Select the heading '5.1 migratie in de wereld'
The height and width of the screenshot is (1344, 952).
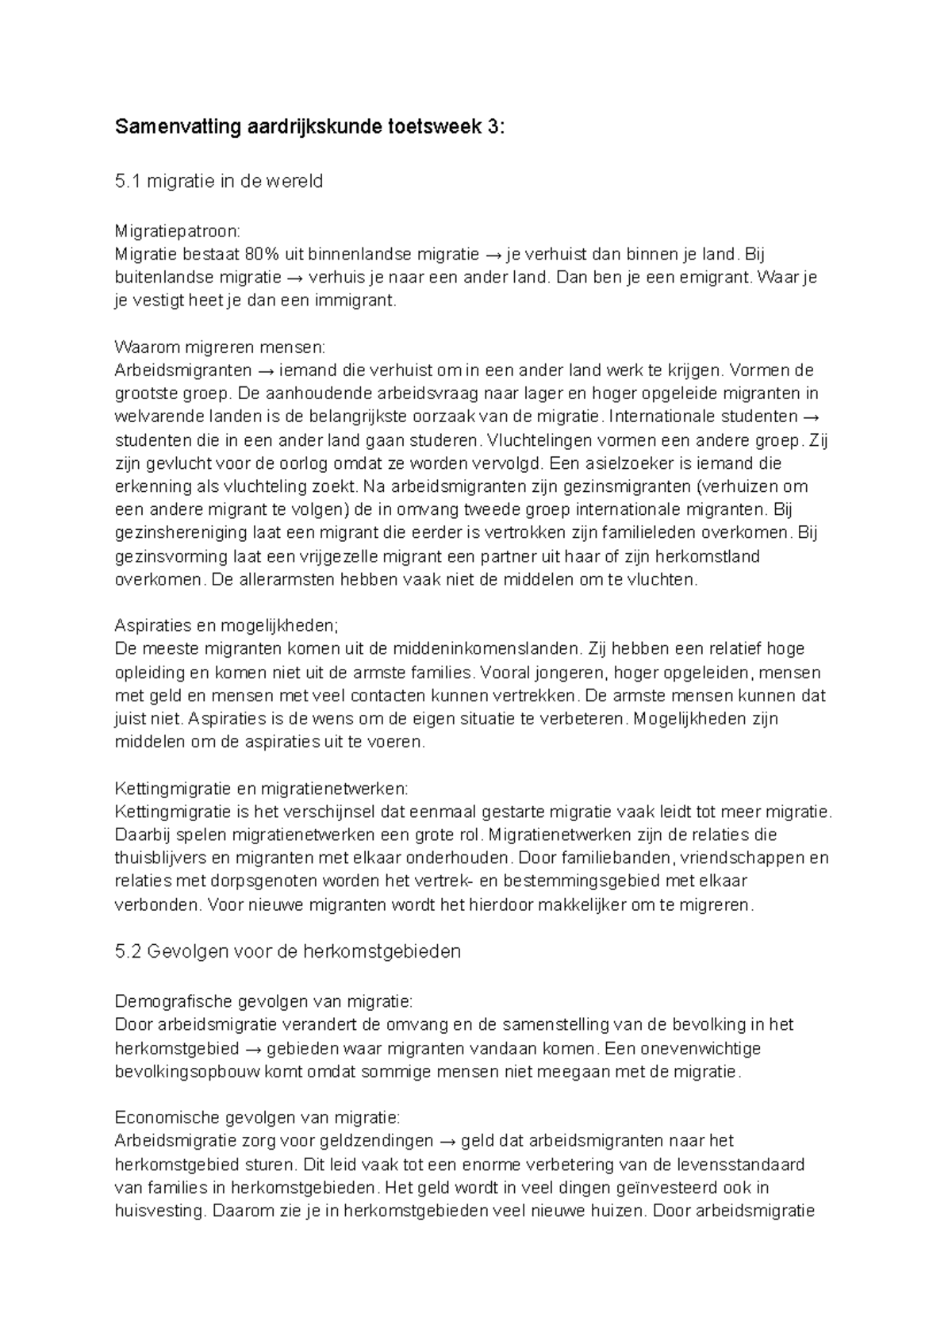tap(219, 182)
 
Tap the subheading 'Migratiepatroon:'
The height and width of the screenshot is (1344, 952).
tap(176, 232)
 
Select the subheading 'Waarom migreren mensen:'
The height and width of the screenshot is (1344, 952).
tap(220, 348)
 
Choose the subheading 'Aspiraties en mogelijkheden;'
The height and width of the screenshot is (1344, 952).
tap(227, 625)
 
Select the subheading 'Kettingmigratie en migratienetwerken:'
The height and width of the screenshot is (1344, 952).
tap(262, 789)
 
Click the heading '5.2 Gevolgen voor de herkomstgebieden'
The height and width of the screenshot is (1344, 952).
tap(287, 951)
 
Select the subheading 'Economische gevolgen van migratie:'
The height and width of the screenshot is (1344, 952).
tap(258, 1118)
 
